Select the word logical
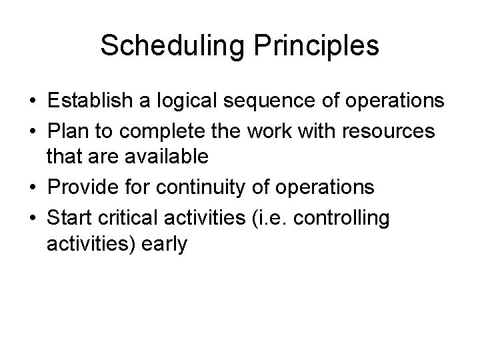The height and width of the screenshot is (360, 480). tap(182, 101)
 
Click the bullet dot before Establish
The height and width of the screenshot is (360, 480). tap(33, 102)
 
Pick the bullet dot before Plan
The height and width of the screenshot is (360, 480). tap(33, 131)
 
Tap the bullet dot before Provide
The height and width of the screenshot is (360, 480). tap(33, 188)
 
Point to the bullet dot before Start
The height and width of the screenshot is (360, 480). tap(33, 217)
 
